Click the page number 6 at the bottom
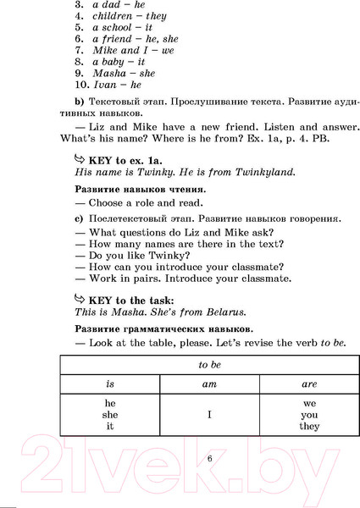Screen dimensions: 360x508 pyautogui.click(x=209, y=459)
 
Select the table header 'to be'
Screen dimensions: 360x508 pyautogui.click(x=208, y=365)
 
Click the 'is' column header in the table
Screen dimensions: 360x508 pyautogui.click(x=110, y=384)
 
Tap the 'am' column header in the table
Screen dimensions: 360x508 pyautogui.click(x=209, y=384)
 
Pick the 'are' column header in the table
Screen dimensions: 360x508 pyautogui.click(x=309, y=384)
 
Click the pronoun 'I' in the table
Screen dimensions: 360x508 pyautogui.click(x=209, y=416)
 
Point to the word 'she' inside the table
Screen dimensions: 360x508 pyautogui.click(x=110, y=415)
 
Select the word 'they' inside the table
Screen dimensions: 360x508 pyautogui.click(x=309, y=427)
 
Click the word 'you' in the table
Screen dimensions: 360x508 pyautogui.click(x=309, y=415)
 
